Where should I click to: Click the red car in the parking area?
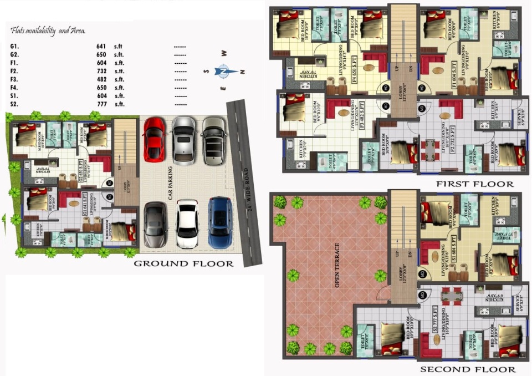[155, 139]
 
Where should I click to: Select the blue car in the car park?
[219, 222]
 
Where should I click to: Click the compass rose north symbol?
[223, 71]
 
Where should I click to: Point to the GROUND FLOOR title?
[183, 264]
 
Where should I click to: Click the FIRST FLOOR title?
[474, 184]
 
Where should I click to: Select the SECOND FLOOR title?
[468, 369]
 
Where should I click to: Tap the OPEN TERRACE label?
[337, 265]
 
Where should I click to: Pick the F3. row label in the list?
[14, 79]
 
